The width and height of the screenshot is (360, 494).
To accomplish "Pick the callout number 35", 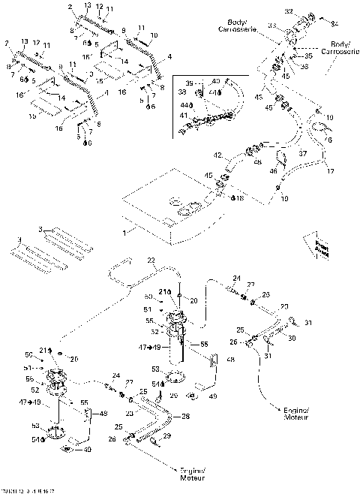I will [306, 55].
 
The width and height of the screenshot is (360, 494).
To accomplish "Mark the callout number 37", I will [304, 152].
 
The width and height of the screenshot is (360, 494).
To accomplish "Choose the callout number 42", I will [217, 155].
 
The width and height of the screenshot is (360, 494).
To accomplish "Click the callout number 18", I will [239, 199].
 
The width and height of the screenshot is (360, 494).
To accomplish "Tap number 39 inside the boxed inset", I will [189, 83].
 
